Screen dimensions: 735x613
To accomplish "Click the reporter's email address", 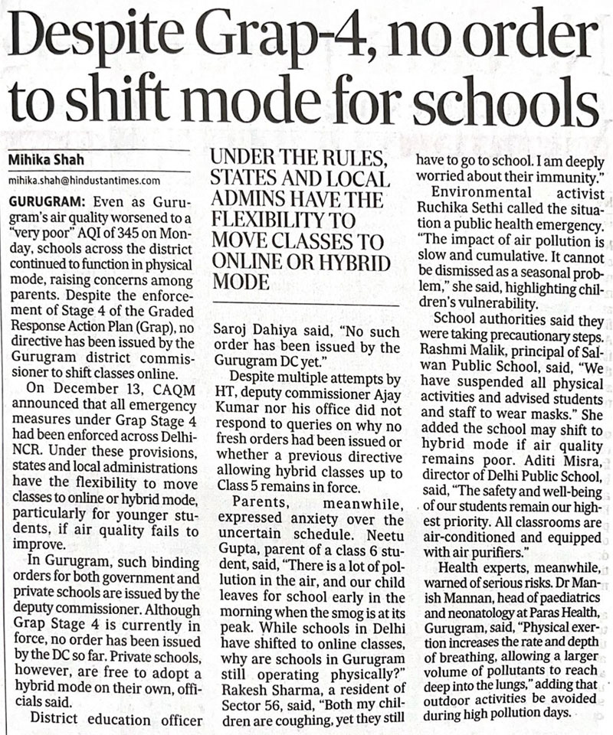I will tap(84, 181).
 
